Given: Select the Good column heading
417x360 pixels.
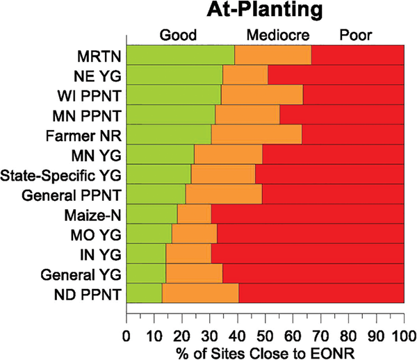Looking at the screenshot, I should [179, 34].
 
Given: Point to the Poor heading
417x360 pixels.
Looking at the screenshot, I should [357, 34].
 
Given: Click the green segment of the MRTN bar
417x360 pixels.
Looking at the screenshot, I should [181, 54].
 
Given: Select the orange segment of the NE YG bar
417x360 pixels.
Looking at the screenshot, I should [245, 74].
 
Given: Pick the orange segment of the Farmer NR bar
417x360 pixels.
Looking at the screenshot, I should [256, 133].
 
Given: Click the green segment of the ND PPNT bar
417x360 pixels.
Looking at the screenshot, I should [144, 293].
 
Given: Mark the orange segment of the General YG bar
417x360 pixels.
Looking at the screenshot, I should [194, 273].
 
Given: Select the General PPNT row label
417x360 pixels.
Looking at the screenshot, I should [81, 194].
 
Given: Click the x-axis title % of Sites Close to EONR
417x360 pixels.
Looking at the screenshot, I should [265, 352].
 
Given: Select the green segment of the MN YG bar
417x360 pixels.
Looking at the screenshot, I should [161, 154].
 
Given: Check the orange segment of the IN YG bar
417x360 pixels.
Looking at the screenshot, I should [188, 253].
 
